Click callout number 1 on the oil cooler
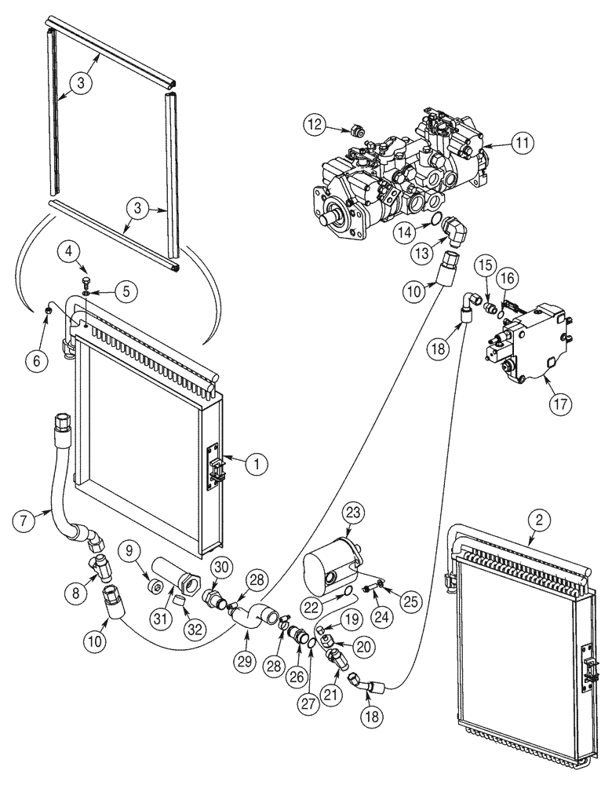coord(255,465)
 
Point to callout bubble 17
coord(560,404)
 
